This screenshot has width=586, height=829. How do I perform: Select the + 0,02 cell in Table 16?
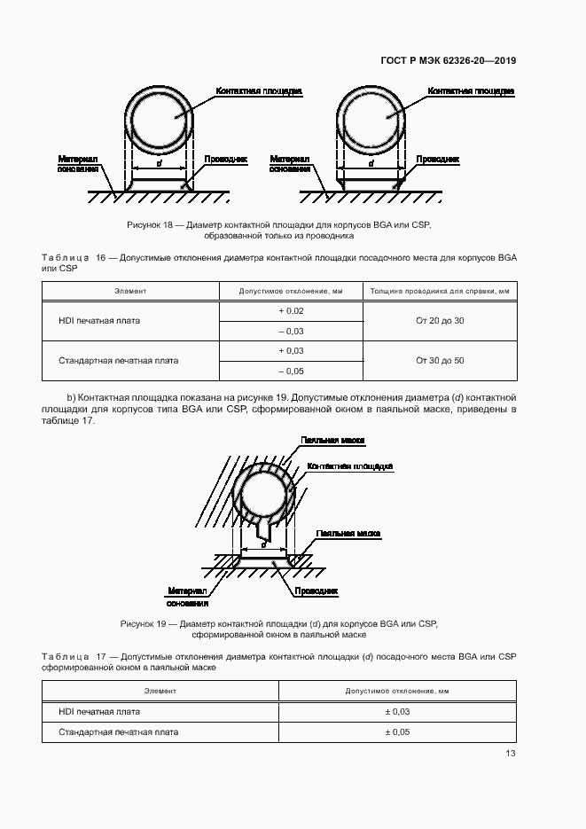[x=291, y=310]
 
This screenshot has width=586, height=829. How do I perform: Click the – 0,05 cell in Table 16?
[x=291, y=371]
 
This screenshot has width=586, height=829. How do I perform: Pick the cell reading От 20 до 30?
[x=440, y=320]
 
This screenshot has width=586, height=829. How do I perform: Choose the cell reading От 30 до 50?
[x=440, y=361]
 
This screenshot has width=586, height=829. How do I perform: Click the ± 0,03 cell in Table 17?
[x=397, y=711]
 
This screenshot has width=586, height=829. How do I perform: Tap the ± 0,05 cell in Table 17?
[x=397, y=732]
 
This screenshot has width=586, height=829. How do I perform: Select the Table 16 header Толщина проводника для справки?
[x=440, y=291]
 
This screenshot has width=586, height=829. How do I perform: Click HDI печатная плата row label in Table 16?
[x=93, y=320]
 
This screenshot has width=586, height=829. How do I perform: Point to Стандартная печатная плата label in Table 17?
[x=118, y=732]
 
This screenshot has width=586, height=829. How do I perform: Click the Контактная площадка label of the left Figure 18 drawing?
[x=259, y=91]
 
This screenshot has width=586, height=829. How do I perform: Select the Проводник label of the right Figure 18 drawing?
[x=438, y=160]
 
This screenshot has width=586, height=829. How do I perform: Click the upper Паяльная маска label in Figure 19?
[x=333, y=440]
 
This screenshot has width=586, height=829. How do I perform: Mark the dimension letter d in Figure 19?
[x=264, y=545]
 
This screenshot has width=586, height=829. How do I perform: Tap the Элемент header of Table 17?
[x=160, y=690]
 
